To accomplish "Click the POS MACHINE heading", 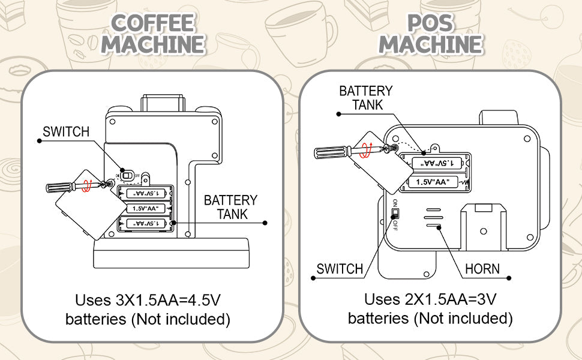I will point(430,34).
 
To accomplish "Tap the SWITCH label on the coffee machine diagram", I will point(66,131).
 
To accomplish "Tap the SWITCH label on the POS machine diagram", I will point(340,269).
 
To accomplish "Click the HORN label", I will point(482,268).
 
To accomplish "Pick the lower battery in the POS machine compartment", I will point(437,182).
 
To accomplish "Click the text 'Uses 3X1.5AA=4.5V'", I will point(148,299).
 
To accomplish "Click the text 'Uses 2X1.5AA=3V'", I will point(430,298).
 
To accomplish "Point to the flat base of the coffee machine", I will point(171,253).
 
